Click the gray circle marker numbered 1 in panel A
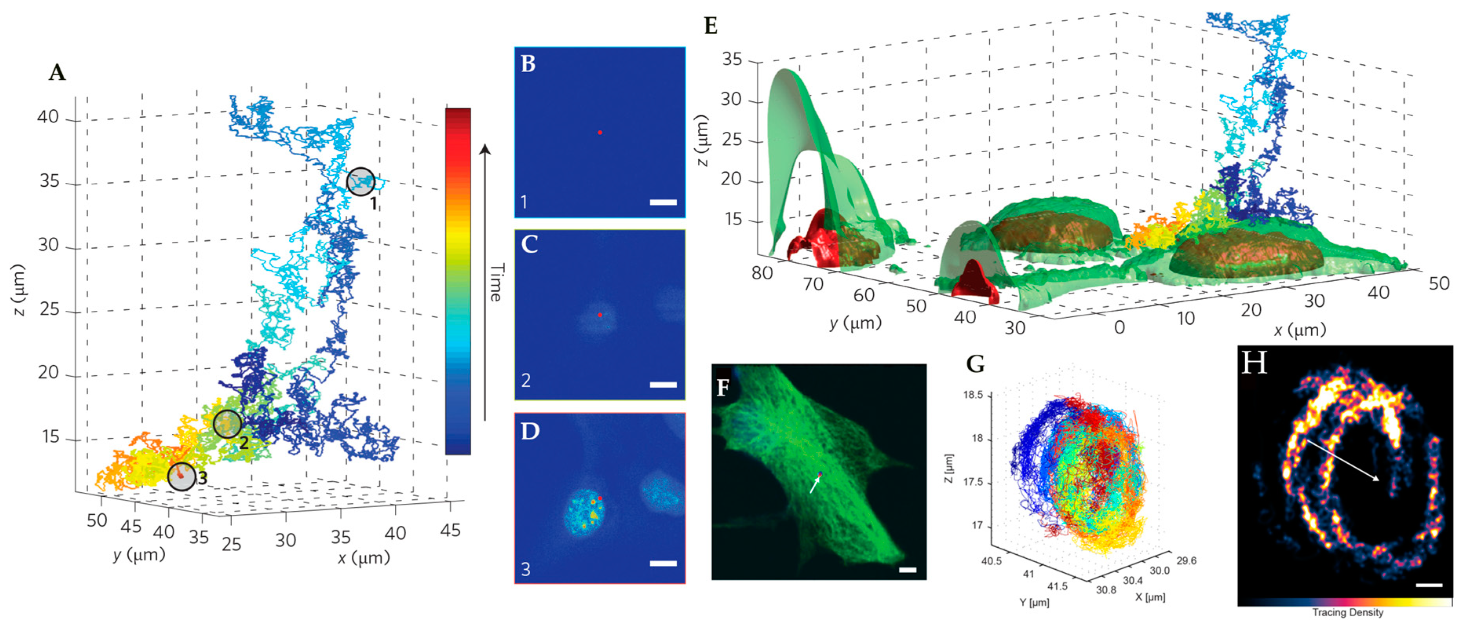point(361,182)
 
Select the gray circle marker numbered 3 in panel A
point(182,476)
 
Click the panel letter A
point(57,73)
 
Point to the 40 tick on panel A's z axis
point(47,117)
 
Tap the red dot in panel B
point(600,133)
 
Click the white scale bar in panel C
point(663,385)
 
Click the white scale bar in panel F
point(907,570)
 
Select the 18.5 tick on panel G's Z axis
point(973,395)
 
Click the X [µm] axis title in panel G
point(1150,596)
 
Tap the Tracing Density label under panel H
point(1348,612)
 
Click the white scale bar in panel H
point(1429,585)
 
